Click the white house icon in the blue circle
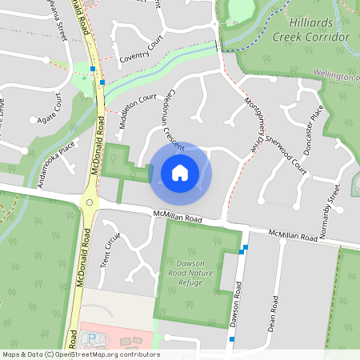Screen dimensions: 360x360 tap(180, 172)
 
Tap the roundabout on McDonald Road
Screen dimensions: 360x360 tap(90, 202)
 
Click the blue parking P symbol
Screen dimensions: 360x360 tap(90, 338)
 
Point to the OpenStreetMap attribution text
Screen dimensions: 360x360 tap(80, 354)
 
